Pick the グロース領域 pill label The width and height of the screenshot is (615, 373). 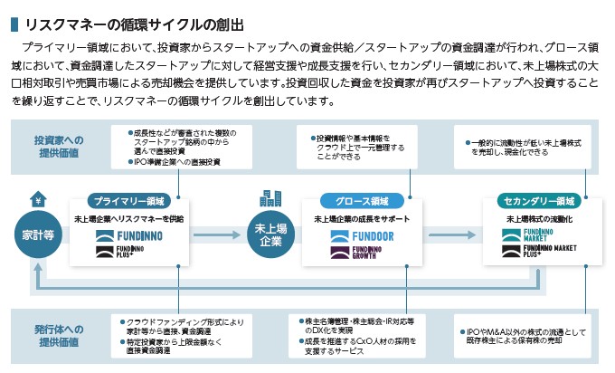361,201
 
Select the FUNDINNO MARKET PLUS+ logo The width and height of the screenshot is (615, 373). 539,251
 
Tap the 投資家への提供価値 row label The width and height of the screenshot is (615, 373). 60,147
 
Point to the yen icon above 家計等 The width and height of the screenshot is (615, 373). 37,199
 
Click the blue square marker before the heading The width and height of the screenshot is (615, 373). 14,22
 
